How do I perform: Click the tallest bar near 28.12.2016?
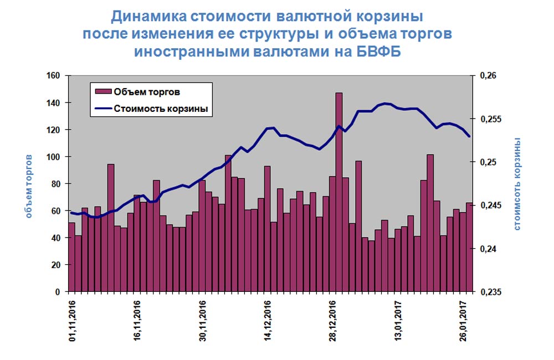pos(339,192)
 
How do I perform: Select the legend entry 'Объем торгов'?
pos(147,92)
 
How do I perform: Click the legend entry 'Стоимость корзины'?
pos(161,109)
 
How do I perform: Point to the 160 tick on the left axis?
pos(53,76)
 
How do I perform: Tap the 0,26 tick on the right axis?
pos(488,76)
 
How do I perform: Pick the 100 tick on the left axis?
pos(53,157)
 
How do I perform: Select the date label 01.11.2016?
pos(73,321)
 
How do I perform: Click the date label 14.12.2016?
pos(268,321)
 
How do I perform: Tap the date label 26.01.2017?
pos(463,321)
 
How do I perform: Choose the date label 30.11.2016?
pos(202,321)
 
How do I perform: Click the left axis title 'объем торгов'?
pos(29,186)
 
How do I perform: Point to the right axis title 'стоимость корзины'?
pos(517,184)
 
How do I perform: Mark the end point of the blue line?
pos(469,136)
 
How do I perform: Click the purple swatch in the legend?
pos(103,92)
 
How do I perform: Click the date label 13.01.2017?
pos(398,321)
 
